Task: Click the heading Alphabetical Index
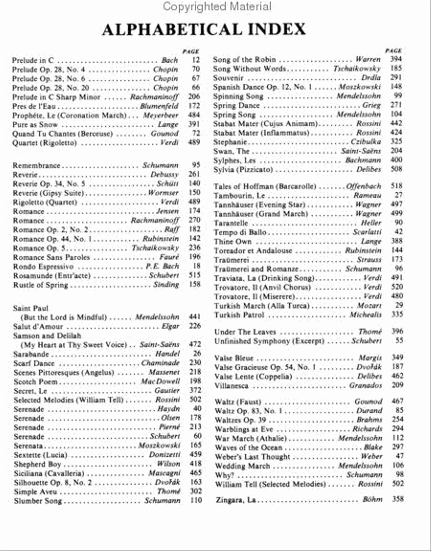pos(204,29)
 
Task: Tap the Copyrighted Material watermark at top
pos(217,7)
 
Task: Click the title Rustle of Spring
pos(41,285)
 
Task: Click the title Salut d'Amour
pos(38,326)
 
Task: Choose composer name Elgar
pos(170,326)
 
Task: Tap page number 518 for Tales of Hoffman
pos(397,186)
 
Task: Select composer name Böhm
pos(373,500)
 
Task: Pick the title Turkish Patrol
pos(239,315)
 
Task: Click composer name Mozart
pos(370,306)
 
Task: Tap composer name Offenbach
pos(364,186)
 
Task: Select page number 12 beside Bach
pos(195,60)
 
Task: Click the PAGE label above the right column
pos(394,50)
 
